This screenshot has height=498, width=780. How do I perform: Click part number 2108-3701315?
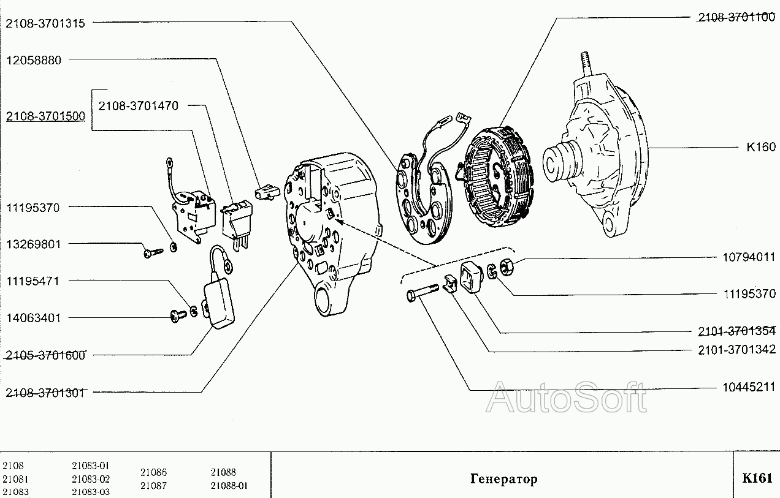click(45, 23)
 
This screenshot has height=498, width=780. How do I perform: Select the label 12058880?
click(34, 60)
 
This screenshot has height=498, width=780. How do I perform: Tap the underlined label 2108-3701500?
click(45, 116)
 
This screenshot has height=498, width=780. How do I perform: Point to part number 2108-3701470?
click(138, 106)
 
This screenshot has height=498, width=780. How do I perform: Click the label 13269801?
click(34, 244)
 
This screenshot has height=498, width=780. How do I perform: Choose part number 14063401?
click(34, 318)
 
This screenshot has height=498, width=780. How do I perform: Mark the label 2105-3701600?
click(45, 355)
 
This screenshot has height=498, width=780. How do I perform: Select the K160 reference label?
click(761, 147)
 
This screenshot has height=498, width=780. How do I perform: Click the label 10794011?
click(749, 257)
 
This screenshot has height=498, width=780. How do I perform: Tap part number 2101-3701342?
click(737, 349)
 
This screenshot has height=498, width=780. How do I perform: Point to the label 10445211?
click(749, 387)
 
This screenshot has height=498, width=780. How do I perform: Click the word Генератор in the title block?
click(504, 479)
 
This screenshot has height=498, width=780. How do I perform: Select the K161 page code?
click(757, 478)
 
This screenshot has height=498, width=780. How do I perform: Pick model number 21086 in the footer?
click(153, 472)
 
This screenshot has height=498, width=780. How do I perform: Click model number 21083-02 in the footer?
click(91, 479)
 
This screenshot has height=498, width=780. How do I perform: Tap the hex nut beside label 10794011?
click(507, 268)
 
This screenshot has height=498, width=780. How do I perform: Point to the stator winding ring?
click(499, 178)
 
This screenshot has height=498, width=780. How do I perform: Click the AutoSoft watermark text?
click(567, 398)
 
